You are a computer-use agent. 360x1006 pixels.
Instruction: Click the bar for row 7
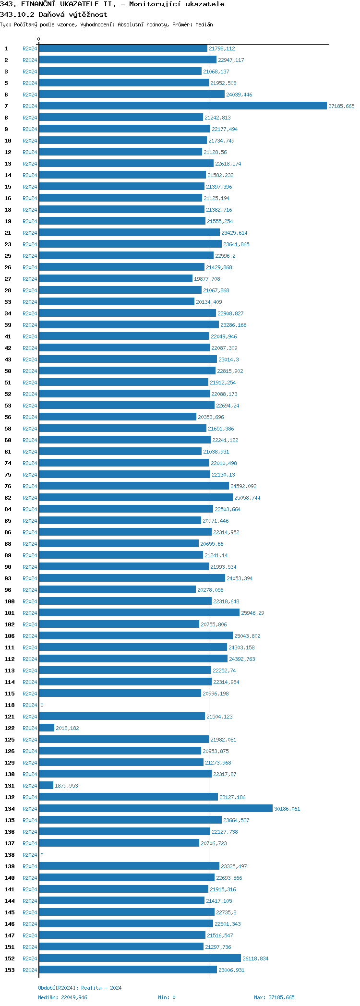point(182,106)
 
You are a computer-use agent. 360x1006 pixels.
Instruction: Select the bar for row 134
point(156,809)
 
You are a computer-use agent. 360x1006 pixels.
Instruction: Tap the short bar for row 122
point(47,728)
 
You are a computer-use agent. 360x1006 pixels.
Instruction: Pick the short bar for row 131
point(46,786)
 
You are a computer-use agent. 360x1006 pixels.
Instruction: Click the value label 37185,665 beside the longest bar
point(341,106)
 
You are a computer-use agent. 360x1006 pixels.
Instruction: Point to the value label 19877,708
point(207,279)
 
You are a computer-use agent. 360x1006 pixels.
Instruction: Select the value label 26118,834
point(255,958)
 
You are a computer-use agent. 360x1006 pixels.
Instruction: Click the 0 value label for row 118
point(42,705)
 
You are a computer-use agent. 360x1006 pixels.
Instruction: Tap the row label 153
point(10,970)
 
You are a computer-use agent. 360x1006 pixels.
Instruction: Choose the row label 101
point(10,613)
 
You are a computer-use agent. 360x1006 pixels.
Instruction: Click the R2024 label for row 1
point(30,48)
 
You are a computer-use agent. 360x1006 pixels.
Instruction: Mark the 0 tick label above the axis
point(39,39)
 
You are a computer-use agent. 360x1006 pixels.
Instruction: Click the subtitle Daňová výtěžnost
point(73,14)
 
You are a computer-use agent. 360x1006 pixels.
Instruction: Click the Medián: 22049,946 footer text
point(63,997)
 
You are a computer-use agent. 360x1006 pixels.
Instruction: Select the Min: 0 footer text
point(167,997)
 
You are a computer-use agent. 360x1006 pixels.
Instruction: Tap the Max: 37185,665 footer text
point(274,997)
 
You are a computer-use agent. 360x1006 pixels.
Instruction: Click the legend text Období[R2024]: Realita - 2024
point(80,988)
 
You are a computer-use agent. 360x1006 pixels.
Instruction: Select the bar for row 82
point(136,498)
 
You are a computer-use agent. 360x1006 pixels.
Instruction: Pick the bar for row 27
point(116,279)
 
